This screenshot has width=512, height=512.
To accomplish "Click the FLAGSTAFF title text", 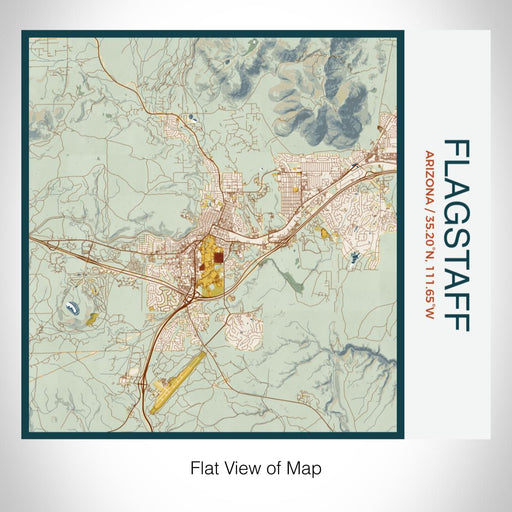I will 454,235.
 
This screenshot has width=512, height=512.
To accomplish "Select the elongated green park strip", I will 297,283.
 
